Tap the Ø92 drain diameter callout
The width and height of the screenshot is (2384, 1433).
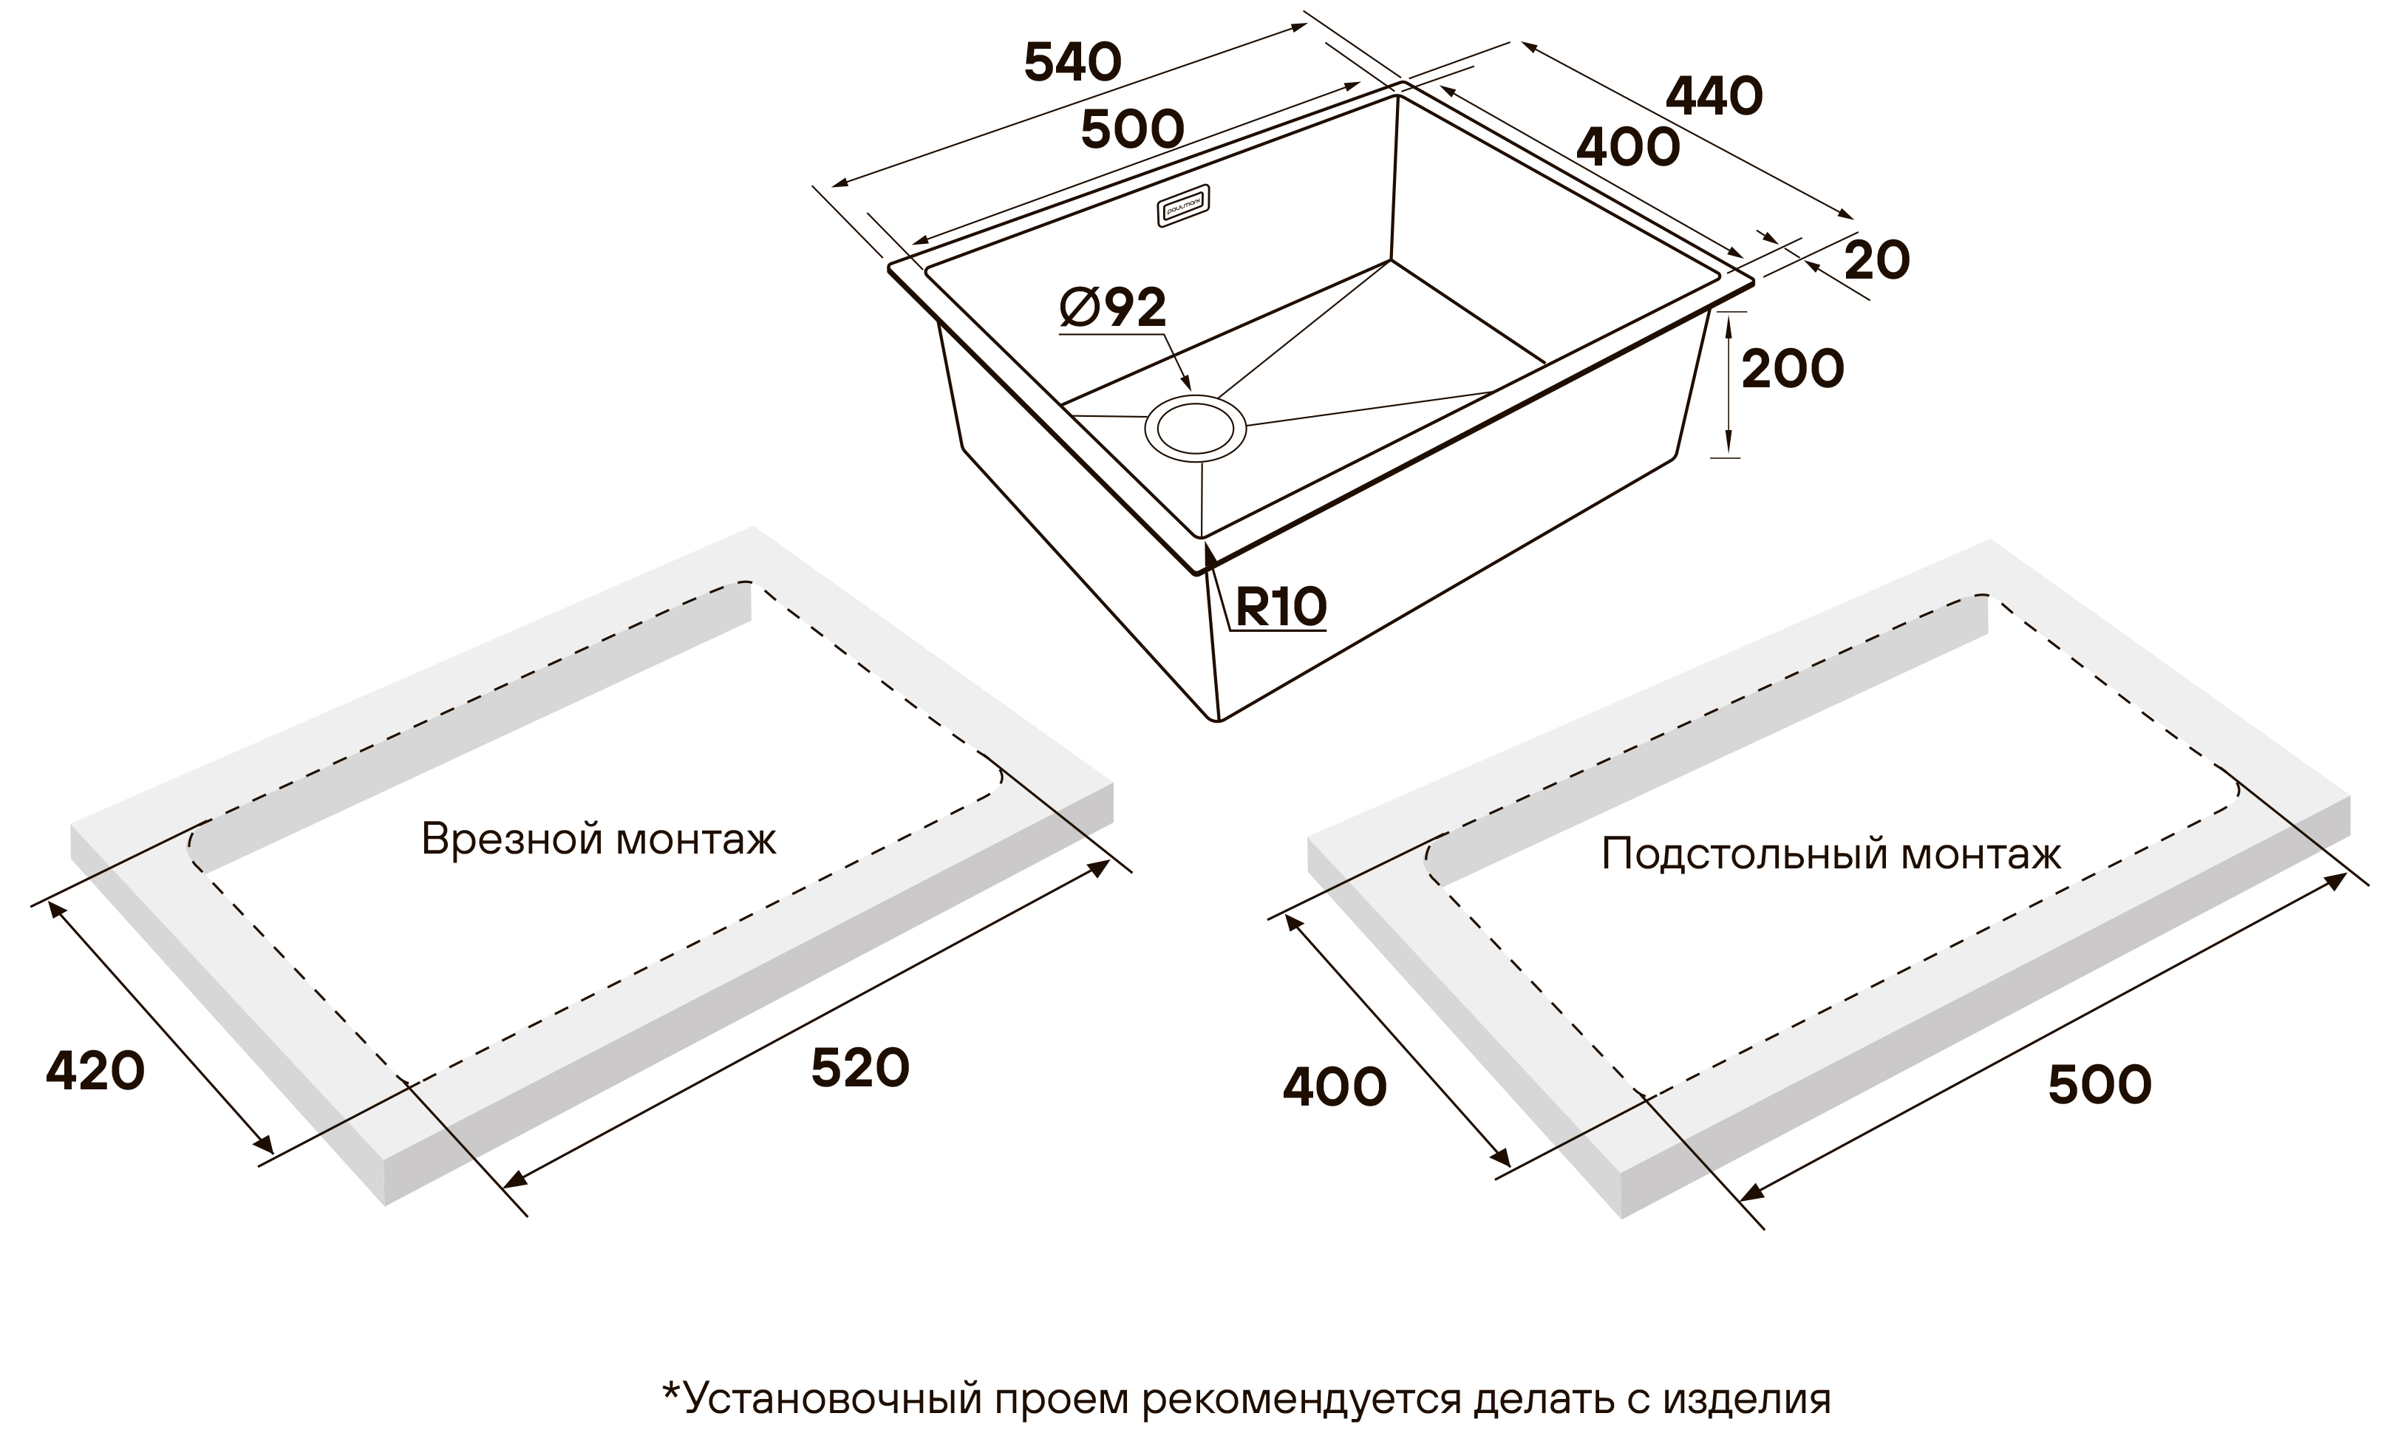(x=1112, y=308)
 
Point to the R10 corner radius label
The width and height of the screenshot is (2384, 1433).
(x=1281, y=607)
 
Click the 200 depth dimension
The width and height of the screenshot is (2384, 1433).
(x=1792, y=369)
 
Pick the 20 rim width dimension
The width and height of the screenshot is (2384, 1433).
(x=1877, y=261)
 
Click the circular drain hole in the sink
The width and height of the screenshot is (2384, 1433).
(x=1196, y=429)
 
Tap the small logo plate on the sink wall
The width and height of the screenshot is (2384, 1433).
(x=1184, y=205)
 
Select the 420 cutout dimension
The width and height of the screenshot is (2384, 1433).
(x=95, y=1071)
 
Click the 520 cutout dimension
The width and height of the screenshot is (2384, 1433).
(x=859, y=1068)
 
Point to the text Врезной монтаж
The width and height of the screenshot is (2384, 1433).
(x=599, y=839)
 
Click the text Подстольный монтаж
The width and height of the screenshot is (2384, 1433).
(x=1830, y=854)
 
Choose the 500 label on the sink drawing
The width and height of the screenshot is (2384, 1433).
(x=1131, y=129)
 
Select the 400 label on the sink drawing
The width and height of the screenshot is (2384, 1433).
(x=1628, y=148)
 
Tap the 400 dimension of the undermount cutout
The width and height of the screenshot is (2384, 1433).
(x=1335, y=1087)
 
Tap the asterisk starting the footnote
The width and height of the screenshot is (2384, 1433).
(x=671, y=1391)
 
